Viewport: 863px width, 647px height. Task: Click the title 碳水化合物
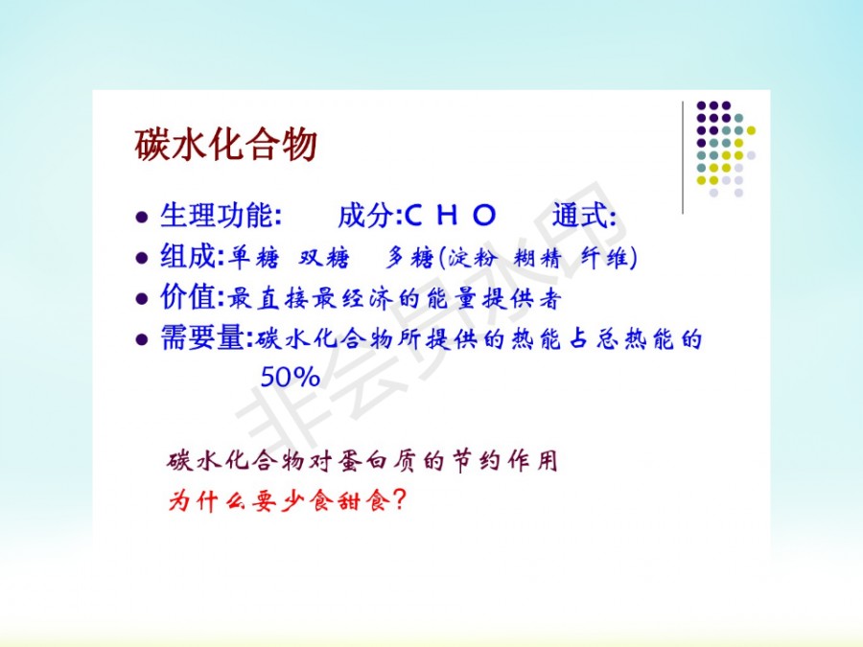pos(225,145)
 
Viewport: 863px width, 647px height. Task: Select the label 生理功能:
pos(221,215)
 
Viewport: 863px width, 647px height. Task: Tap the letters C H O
pos(451,215)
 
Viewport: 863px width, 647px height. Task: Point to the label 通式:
pos(584,215)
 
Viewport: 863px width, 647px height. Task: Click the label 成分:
pos(370,215)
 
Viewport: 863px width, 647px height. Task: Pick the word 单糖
pos(254,257)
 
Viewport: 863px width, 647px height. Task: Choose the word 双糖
pos(324,257)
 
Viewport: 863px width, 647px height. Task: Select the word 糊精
pos(537,258)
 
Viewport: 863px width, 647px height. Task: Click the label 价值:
pos(192,298)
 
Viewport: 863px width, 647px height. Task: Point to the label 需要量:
pos(206,337)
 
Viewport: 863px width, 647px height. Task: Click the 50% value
pos(290,377)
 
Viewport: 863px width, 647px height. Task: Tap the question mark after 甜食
pos(400,499)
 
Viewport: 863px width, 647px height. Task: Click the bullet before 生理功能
pos(142,217)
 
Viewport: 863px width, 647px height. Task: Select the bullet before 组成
pos(142,258)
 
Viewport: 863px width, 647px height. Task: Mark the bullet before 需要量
pos(142,339)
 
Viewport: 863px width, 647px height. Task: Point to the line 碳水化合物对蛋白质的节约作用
pos(362,460)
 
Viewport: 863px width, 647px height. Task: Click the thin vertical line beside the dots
pos(683,157)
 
